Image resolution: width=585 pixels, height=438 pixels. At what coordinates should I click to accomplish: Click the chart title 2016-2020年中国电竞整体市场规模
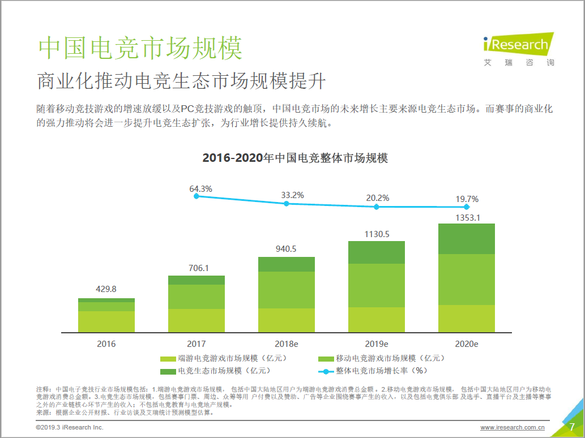click(295, 158)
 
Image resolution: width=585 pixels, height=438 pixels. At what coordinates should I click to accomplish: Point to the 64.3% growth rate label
click(200, 188)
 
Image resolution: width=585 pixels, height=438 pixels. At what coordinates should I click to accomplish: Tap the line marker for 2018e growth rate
click(287, 203)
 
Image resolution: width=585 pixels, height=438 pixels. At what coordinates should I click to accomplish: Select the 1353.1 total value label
click(467, 217)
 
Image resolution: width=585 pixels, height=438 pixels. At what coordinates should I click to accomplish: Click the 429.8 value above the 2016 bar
click(106, 289)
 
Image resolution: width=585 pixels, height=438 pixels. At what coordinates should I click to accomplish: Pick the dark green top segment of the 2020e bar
click(467, 239)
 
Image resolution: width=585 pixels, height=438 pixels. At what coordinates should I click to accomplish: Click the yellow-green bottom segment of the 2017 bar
click(197, 320)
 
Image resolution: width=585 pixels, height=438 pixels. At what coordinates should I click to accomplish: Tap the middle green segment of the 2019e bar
click(377, 285)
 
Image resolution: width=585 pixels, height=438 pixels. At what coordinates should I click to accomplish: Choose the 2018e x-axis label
click(287, 343)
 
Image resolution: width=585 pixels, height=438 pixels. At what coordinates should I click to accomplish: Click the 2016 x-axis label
click(106, 343)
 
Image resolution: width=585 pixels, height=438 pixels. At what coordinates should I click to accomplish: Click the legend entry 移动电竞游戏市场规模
click(383, 358)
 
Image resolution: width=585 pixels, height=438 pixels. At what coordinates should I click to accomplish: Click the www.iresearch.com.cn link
click(512, 427)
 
